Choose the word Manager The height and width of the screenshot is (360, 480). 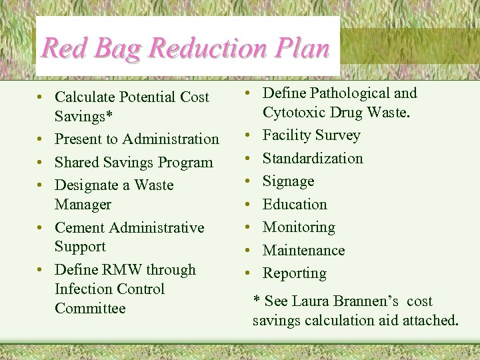(x=83, y=204)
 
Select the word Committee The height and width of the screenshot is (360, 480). (x=90, y=308)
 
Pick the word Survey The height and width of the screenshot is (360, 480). (x=337, y=135)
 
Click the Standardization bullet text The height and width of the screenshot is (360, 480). (x=313, y=158)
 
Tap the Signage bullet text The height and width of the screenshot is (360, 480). (x=289, y=181)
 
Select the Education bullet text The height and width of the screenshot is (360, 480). (x=295, y=204)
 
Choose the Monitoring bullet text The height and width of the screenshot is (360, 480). (x=299, y=227)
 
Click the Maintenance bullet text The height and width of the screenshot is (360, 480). (x=303, y=250)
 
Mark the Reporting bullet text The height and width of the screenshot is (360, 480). (x=295, y=273)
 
